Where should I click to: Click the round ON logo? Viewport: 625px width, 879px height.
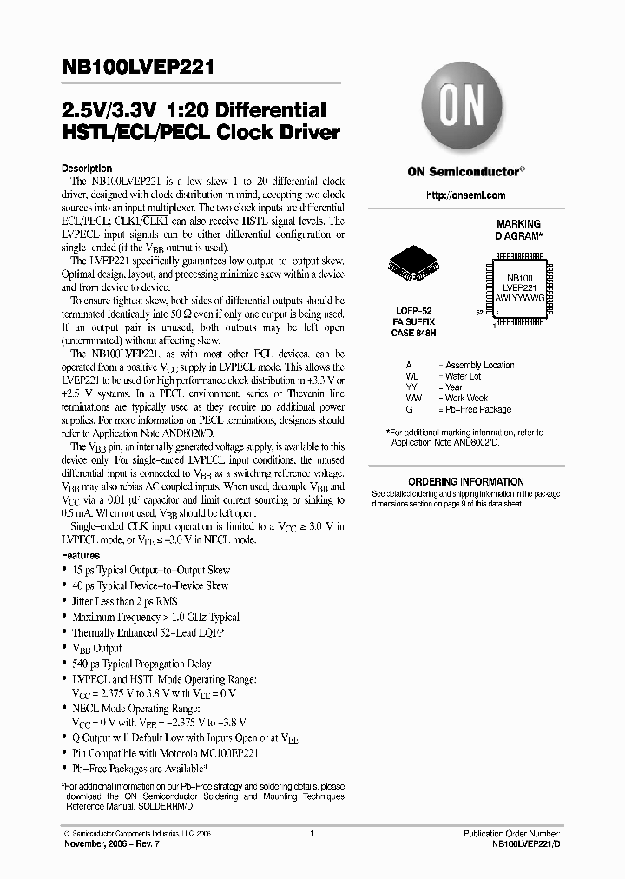(457, 108)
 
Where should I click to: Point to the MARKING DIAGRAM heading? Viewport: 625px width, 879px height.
(518, 229)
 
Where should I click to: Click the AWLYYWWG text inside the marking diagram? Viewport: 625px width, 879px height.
(519, 296)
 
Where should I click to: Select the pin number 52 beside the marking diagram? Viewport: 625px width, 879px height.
(480, 310)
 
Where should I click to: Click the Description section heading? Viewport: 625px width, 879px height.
(86, 168)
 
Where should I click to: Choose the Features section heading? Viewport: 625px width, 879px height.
(81, 553)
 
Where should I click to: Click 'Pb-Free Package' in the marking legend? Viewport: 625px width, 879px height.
(475, 408)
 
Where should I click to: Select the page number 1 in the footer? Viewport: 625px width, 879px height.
(312, 833)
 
